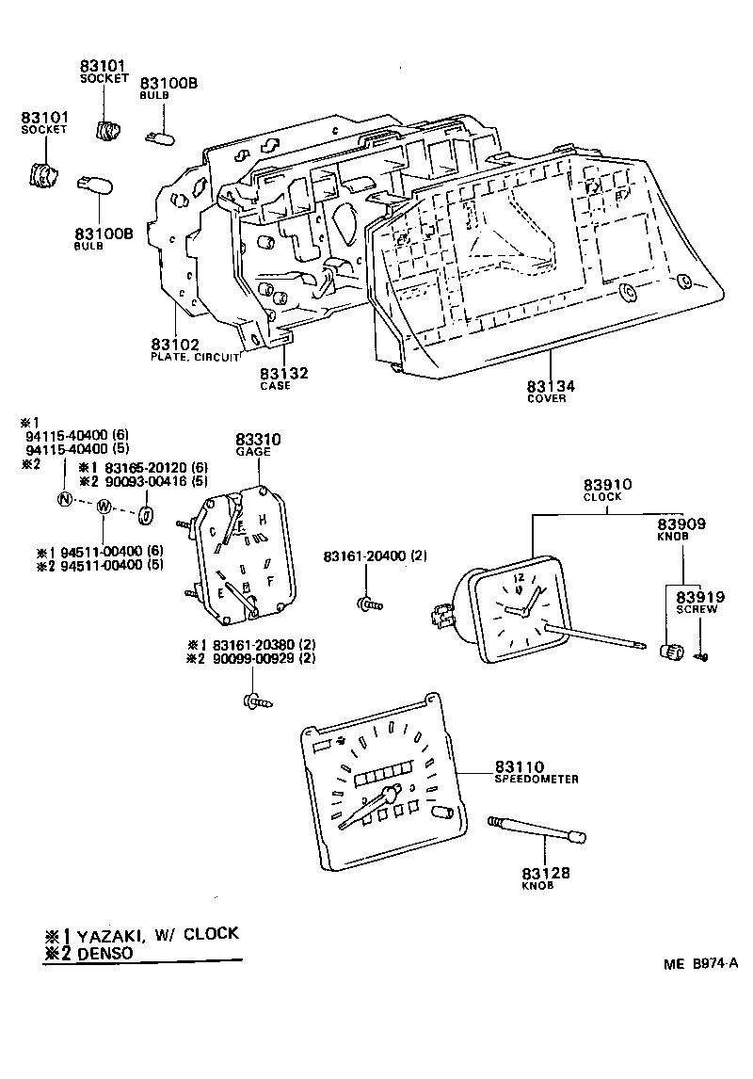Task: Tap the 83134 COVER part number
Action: pos(551,386)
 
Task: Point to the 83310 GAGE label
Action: pos(254,440)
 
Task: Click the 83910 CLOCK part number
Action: pos(606,485)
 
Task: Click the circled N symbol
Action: pos(64,499)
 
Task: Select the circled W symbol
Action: pos(104,507)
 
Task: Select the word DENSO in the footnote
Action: pos(104,953)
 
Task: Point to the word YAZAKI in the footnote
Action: pos(110,934)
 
